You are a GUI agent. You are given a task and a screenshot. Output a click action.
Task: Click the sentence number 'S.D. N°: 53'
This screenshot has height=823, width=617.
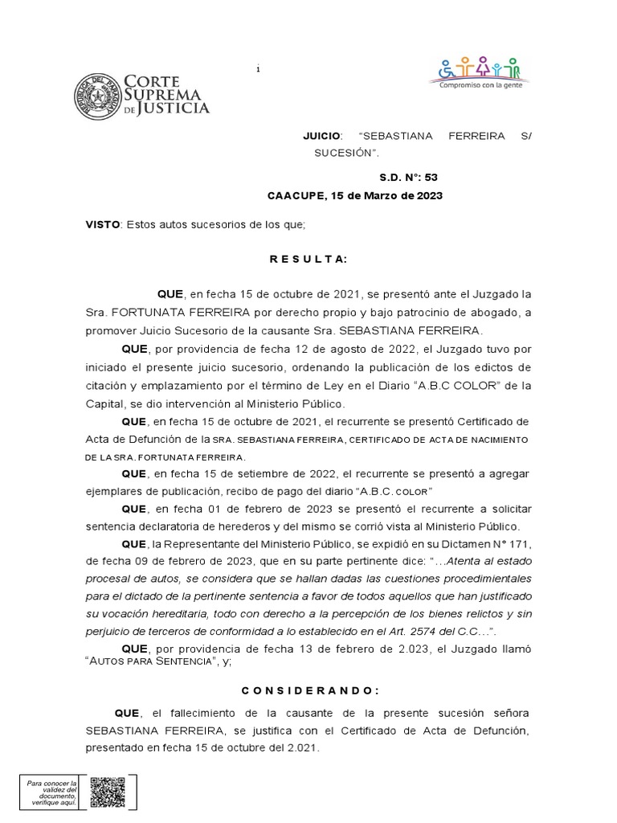[x=409, y=178]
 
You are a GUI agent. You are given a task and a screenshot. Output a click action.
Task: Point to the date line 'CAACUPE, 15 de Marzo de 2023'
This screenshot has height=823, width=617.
[x=354, y=196]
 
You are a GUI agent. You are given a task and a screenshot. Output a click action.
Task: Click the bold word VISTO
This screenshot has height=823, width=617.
[x=102, y=224]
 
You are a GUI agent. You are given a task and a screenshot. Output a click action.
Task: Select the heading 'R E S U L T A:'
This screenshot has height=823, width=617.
[x=308, y=259]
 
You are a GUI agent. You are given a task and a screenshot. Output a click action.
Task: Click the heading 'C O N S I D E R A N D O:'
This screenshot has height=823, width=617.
[x=308, y=690]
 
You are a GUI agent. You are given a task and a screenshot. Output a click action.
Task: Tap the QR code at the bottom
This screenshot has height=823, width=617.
[x=107, y=792]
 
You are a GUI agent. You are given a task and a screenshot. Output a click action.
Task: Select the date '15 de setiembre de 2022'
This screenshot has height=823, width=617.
[x=272, y=474]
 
